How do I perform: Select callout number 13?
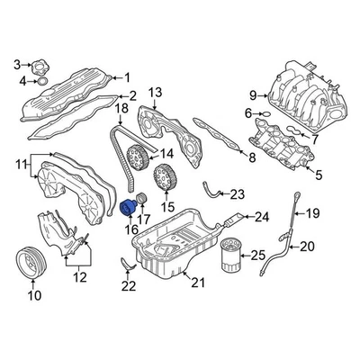tap(155, 92)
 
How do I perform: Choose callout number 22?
tap(130, 287)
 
